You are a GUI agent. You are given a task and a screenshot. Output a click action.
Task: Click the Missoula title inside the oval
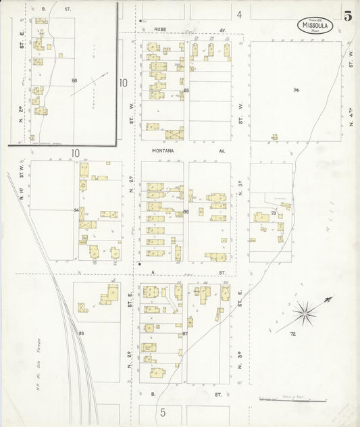[x=315, y=25]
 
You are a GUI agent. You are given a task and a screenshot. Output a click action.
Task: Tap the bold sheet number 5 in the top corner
[x=347, y=17]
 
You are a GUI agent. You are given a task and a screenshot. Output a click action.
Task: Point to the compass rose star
[x=306, y=312]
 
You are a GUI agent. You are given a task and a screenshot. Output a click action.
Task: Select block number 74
[x=296, y=90]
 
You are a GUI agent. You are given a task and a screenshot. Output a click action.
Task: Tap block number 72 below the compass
[x=293, y=334]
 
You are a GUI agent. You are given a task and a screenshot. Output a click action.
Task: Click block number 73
[x=273, y=214]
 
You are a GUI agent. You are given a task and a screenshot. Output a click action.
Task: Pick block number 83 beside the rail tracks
[x=82, y=334]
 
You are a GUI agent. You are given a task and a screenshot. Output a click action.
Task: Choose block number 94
[x=76, y=211]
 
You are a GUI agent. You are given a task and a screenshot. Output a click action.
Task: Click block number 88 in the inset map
[x=74, y=80]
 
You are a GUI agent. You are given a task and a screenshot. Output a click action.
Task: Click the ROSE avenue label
[x=160, y=30]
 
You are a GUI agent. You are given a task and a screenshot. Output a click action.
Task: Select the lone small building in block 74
[x=274, y=137]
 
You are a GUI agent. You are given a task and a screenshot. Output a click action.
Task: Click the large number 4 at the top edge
[x=239, y=14]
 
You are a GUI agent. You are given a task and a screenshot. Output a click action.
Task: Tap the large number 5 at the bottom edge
[x=162, y=411]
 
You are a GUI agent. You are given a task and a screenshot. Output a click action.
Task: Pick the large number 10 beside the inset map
[x=123, y=83]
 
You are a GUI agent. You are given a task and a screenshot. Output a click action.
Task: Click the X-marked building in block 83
[x=82, y=308]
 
